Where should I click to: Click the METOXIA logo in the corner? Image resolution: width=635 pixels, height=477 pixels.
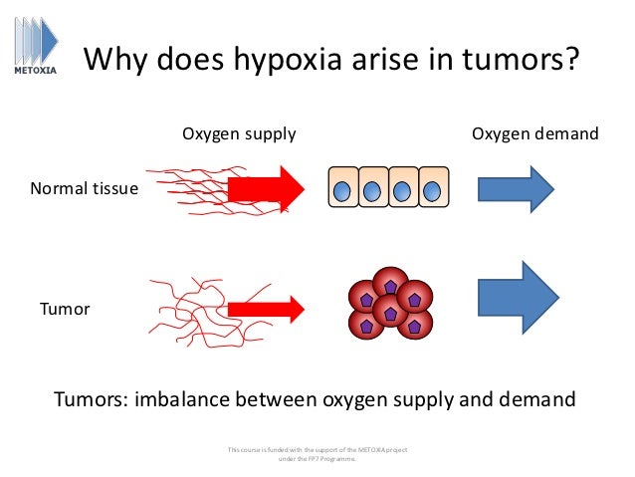click(35, 45)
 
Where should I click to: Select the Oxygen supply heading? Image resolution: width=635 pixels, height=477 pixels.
click(238, 133)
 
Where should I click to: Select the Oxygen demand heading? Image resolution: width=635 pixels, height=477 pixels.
click(534, 133)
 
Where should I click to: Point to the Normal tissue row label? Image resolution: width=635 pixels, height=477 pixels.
click(85, 187)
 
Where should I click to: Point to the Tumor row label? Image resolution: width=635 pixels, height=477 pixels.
click(65, 309)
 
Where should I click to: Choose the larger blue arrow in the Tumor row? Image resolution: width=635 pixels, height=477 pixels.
click(519, 298)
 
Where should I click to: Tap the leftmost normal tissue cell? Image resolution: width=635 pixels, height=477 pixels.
click(342, 188)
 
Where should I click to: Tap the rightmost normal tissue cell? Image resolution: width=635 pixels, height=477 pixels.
click(432, 188)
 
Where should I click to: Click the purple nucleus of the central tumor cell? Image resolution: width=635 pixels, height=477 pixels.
click(390, 313)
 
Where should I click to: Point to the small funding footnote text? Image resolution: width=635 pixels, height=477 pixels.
click(317, 454)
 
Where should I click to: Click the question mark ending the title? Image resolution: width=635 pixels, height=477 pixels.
click(571, 61)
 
